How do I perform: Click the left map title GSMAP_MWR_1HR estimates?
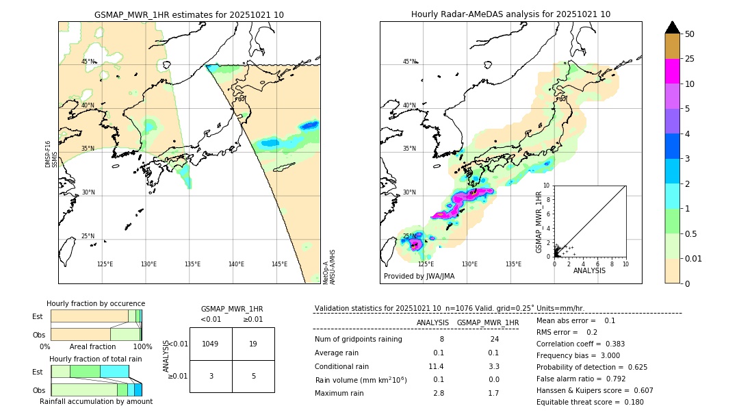(189, 14)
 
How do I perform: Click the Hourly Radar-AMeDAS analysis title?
(510, 14)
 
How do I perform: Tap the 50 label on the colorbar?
(690, 34)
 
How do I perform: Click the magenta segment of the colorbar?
(672, 71)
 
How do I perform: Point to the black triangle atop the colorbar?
(672, 27)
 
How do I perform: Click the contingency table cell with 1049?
(211, 344)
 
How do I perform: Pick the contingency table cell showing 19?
(253, 344)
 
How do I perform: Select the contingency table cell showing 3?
(211, 376)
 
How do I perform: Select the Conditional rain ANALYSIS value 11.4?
(436, 366)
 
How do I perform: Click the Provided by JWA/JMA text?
(419, 277)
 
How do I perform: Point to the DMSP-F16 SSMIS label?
(49, 154)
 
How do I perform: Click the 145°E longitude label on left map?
(279, 264)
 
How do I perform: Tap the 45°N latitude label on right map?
(409, 62)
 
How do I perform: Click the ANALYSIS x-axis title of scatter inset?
(589, 270)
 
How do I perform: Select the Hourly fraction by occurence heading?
(96, 303)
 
